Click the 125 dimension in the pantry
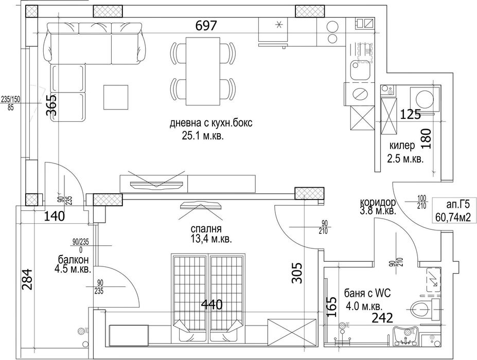click(411, 115)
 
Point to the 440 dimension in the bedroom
click(211, 304)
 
